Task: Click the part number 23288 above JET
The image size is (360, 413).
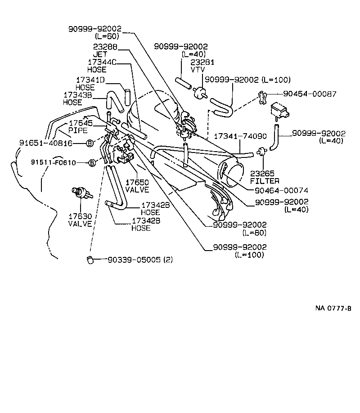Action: [x=106, y=46]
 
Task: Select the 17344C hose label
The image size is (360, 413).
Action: [x=102, y=63]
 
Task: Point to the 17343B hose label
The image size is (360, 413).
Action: [x=79, y=95]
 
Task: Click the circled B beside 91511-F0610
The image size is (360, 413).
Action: [x=92, y=162]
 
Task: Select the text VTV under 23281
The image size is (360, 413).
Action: [x=197, y=70]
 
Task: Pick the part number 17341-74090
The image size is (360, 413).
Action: [x=240, y=135]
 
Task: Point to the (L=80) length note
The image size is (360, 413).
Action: [x=254, y=233]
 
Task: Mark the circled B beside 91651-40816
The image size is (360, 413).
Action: [x=89, y=143]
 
